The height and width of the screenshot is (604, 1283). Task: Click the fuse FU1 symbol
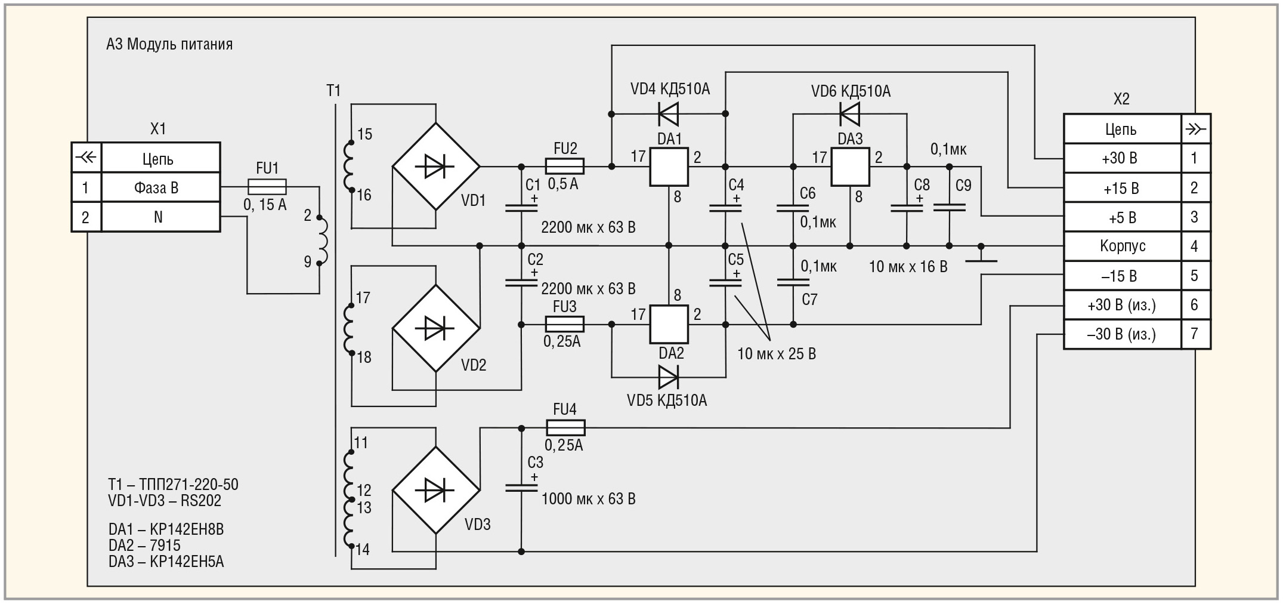(x=267, y=187)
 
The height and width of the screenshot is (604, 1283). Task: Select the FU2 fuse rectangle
(x=564, y=166)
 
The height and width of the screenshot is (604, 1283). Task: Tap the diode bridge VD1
(x=436, y=167)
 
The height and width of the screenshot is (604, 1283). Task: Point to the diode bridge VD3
(x=436, y=491)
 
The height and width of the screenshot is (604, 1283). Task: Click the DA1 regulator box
(x=669, y=167)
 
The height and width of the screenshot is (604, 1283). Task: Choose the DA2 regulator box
(x=669, y=325)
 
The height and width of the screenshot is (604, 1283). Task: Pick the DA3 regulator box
(x=850, y=167)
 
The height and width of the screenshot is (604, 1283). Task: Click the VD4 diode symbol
(x=668, y=113)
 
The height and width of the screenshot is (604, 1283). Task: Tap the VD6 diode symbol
(x=849, y=113)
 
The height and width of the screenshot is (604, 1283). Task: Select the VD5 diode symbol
(x=668, y=377)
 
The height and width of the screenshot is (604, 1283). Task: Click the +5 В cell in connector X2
(x=1123, y=217)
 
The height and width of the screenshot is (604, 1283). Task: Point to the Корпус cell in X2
(x=1123, y=246)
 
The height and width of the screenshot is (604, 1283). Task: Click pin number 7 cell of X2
(x=1195, y=334)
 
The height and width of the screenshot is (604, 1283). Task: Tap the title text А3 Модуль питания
(x=169, y=44)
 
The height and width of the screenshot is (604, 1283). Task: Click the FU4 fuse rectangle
(x=565, y=427)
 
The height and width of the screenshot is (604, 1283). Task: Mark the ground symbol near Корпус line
(x=981, y=254)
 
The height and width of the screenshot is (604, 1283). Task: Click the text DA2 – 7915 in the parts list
(x=144, y=546)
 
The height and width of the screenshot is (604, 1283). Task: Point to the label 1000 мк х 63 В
(x=588, y=499)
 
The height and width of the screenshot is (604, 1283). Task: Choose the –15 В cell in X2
(x=1123, y=276)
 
